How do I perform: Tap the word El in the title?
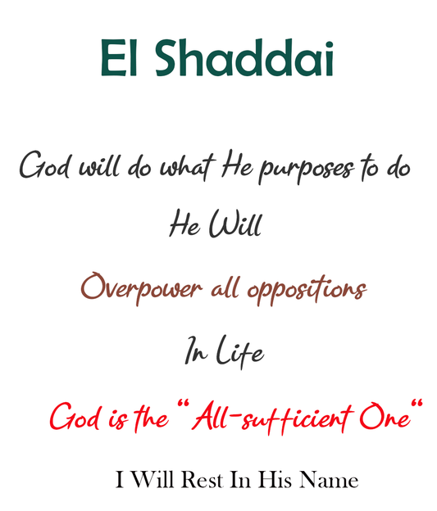point(121,59)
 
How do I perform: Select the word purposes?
point(307,170)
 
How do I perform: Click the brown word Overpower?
point(141,288)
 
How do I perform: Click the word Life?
point(240,353)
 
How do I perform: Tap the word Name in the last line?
point(329,480)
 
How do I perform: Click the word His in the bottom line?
point(274,480)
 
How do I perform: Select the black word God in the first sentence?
point(44,167)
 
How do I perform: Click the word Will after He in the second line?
point(235,224)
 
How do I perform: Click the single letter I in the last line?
point(120,480)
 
